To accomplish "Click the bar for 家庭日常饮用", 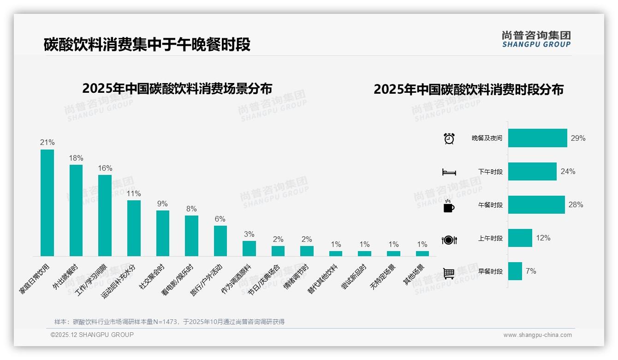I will pyautogui.click(x=47, y=203).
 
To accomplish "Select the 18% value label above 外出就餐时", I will pyautogui.click(x=76, y=158).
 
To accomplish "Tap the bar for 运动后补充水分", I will pyautogui.click(x=134, y=228).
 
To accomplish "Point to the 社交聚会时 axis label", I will pyautogui.click(x=152, y=276).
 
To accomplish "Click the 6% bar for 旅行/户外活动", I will pyautogui.click(x=220, y=240).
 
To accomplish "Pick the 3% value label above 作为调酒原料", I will pyautogui.click(x=249, y=234).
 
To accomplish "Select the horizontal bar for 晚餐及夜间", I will pyautogui.click(x=537, y=138).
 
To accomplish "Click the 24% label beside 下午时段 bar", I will pyautogui.click(x=568, y=172).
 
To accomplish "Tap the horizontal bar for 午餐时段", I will pyautogui.click(x=536, y=205).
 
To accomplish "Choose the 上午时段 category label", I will pyautogui.click(x=490, y=239).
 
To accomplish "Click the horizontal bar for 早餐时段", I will pyautogui.click(x=515, y=271).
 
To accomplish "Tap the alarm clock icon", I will pyautogui.click(x=449, y=138).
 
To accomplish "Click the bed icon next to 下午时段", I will pyautogui.click(x=449, y=172).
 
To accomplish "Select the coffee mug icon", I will pyautogui.click(x=449, y=206).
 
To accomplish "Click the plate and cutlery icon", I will pyautogui.click(x=449, y=240).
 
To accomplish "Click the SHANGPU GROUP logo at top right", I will pyautogui.click(x=536, y=39).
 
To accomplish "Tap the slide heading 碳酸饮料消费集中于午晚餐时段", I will pyautogui.click(x=147, y=45).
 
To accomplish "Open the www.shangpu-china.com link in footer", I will pyautogui.click(x=537, y=335).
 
